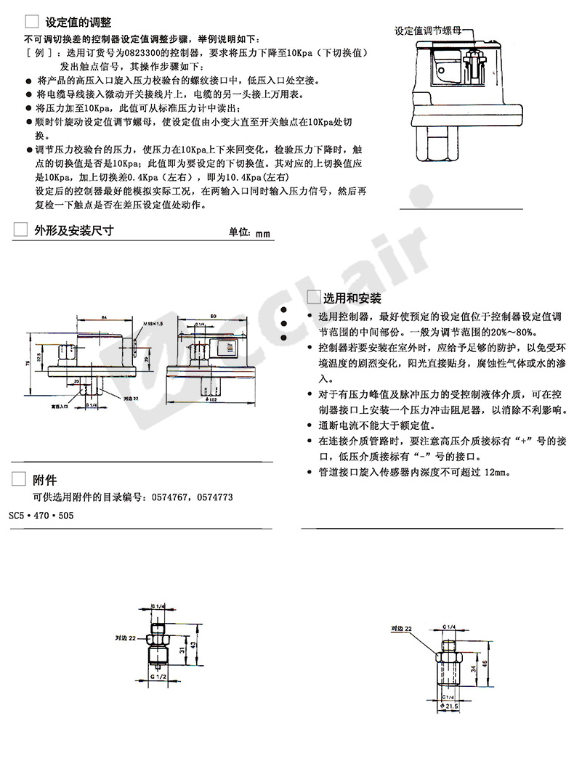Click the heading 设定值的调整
coord(78,22)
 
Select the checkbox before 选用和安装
coord(314,298)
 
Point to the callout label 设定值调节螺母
coord(427,31)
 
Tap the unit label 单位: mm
coord(249,233)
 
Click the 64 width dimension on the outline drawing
coord(104,318)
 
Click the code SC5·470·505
coord(41,515)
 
